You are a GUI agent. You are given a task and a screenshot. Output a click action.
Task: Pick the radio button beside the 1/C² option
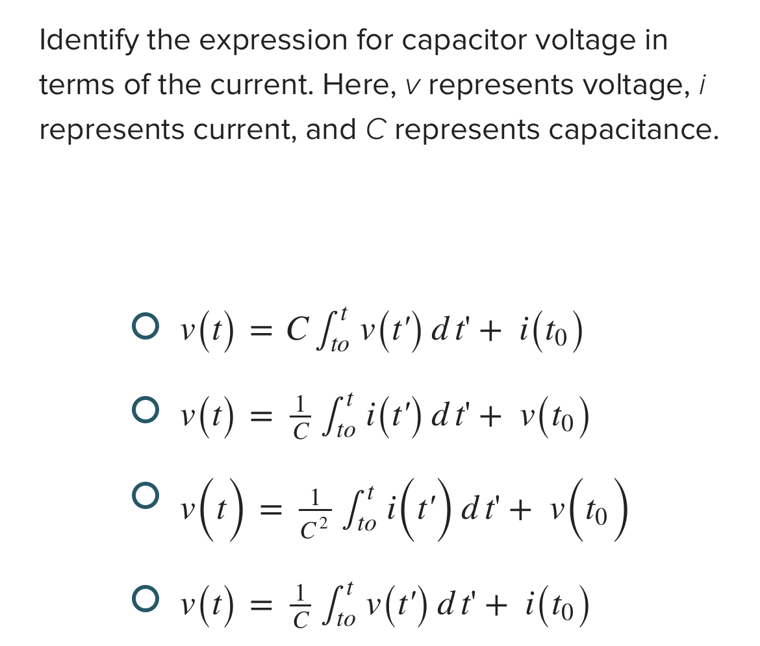[145, 497]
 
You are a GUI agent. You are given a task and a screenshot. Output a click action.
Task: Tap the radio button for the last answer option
[145, 599]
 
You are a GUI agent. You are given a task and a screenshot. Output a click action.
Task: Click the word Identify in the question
[88, 40]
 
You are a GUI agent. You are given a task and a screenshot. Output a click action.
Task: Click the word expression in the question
[273, 40]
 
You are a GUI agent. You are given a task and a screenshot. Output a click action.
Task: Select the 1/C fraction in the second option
[300, 416]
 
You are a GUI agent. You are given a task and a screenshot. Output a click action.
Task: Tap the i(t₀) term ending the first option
[551, 332]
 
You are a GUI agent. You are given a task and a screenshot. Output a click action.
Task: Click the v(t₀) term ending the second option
[555, 416]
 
